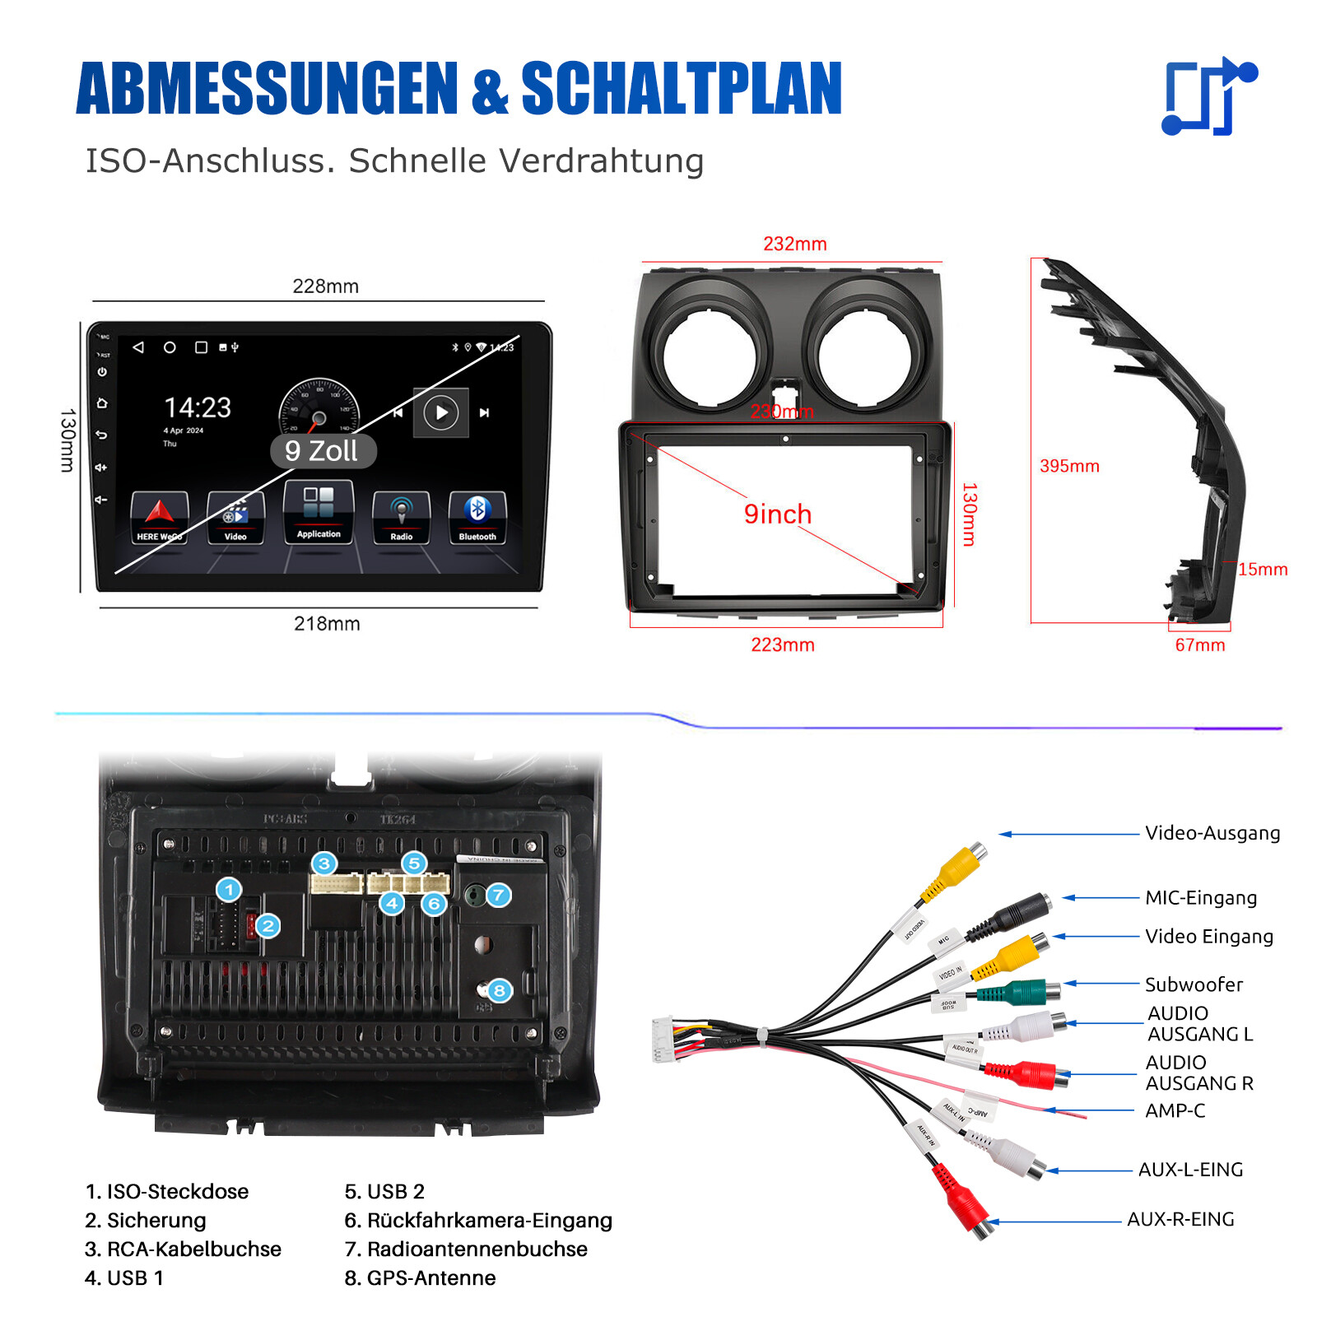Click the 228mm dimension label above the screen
pos(325,286)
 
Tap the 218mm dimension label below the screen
pos(327,624)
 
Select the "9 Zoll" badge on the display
pos(323,451)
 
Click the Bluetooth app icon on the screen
pos(477,516)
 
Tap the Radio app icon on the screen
pos(401,516)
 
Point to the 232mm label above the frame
pos(794,244)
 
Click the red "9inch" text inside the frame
pos(777,514)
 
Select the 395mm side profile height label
pos(1069,466)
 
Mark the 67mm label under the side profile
pos(1199,645)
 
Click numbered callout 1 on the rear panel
pos(229,890)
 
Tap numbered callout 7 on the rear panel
pos(498,895)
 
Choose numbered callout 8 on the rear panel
pos(499,990)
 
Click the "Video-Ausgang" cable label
pos(1212,833)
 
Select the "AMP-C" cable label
pos(1175,1111)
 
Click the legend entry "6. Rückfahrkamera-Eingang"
pos(477,1221)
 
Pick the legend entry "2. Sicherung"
pos(145,1221)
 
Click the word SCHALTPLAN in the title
pos(682,89)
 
